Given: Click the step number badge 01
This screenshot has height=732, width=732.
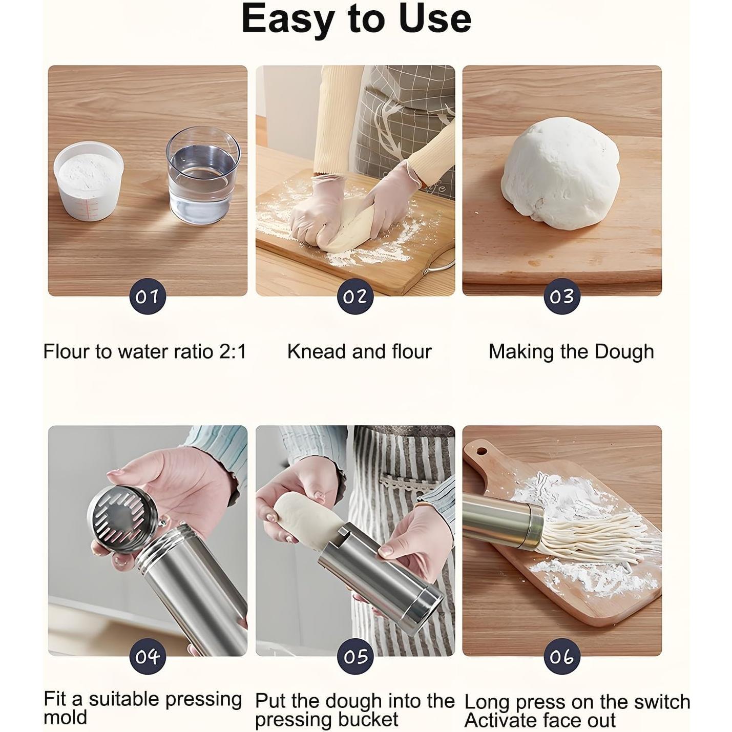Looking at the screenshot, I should pos(147,296).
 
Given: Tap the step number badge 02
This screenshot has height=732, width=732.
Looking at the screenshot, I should pos(355,296).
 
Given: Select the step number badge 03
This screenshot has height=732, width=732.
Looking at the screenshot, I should pos(562,296).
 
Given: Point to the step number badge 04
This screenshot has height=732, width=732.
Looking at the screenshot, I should pos(147,656).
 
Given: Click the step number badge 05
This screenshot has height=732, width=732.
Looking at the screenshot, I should pos(355,656).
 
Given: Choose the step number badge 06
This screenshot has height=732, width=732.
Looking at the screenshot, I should pos(562,656).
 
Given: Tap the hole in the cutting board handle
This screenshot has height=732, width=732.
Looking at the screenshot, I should pos(482,451).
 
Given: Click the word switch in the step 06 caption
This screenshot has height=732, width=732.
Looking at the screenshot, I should pos(661,702).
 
